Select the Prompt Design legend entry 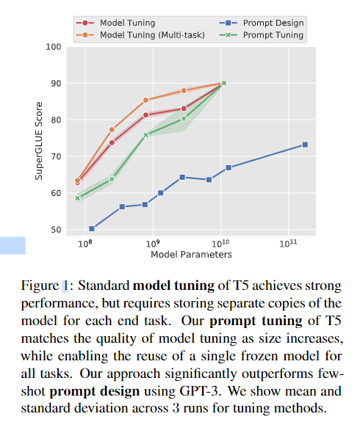pyautogui.click(x=273, y=22)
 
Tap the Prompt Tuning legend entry pyautogui.click(x=273, y=34)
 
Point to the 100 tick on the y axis pyautogui.click(x=52, y=47)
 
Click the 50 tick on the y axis pyautogui.click(x=55, y=230)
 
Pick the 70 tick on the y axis pyautogui.click(x=55, y=156)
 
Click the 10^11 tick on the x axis pyautogui.click(x=287, y=242)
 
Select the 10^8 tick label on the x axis pyautogui.click(x=85, y=242)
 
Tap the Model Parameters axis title pyautogui.click(x=191, y=255)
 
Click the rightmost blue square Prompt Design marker pyautogui.click(x=305, y=145)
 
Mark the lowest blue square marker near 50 pyautogui.click(x=92, y=229)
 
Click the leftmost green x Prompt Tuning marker pyautogui.click(x=78, y=198)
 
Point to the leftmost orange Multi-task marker pyautogui.click(x=78, y=180)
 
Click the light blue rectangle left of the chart pyautogui.click(x=12, y=245)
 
